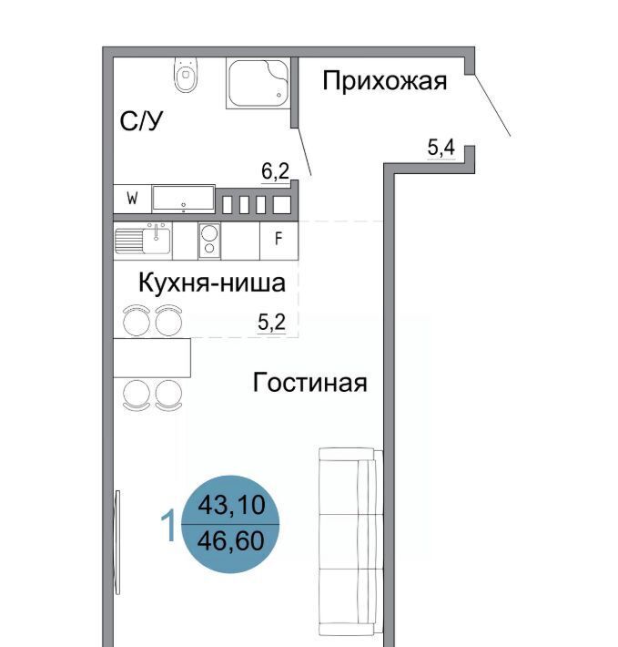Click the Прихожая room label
pyautogui.click(x=384, y=81)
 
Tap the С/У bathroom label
pyautogui.click(x=141, y=121)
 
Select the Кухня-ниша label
pyautogui.click(x=212, y=282)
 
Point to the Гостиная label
pyautogui.click(x=309, y=383)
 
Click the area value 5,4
pyautogui.click(x=441, y=148)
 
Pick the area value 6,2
pyautogui.click(x=275, y=170)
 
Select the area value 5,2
pyautogui.click(x=271, y=322)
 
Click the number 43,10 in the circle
pyautogui.click(x=231, y=505)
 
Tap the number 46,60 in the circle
pyautogui.click(x=231, y=540)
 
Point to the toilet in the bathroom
pyautogui.click(x=187, y=75)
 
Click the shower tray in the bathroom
pyautogui.click(x=258, y=83)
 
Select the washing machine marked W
pyautogui.click(x=132, y=199)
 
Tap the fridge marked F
pyautogui.click(x=279, y=241)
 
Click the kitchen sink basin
pyautogui.click(x=157, y=241)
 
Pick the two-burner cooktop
pyautogui.click(x=209, y=241)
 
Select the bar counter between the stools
pyautogui.click(x=152, y=358)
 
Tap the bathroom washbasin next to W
pyautogui.click(x=183, y=199)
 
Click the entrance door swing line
pyautogui.click(x=492, y=105)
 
